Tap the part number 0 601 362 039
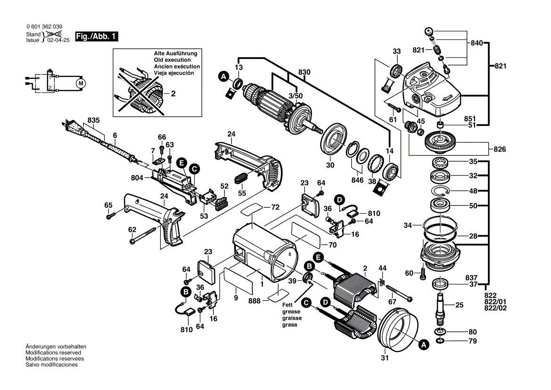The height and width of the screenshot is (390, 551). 44,27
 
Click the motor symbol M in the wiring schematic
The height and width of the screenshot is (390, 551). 81,84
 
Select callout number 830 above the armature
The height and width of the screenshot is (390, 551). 304,72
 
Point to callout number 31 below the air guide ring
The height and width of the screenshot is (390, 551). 385,358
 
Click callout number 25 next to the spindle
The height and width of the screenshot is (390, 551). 459,305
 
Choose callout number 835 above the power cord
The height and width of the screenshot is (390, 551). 93,121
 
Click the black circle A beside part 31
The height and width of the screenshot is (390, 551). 424,345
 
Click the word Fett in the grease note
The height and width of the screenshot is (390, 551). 288,305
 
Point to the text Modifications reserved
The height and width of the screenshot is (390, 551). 53,353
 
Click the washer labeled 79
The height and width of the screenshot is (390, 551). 440,340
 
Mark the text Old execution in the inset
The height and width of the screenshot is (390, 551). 172,60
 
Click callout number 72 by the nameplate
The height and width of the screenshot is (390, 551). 275,207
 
